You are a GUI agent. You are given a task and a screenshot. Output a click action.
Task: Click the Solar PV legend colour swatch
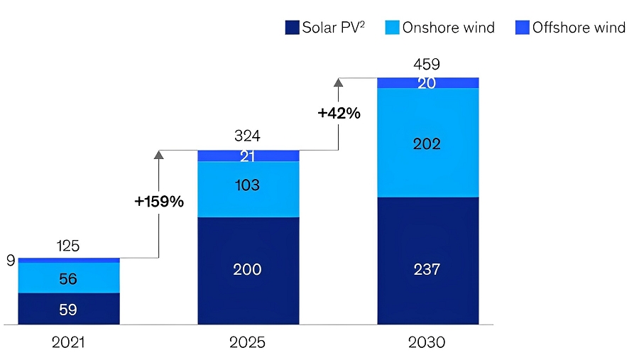point(292,28)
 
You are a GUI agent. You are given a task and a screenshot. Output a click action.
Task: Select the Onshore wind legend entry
point(439,28)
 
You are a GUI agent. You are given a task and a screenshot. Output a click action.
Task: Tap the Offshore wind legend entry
point(570,28)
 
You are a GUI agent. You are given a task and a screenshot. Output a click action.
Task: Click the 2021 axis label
point(68,342)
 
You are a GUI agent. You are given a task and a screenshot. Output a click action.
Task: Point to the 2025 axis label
point(247,342)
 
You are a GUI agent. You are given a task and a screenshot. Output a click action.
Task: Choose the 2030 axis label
point(427,342)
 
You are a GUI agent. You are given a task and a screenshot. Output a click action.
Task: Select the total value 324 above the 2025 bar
point(248,136)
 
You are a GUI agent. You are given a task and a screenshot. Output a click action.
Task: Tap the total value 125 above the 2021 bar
point(68,246)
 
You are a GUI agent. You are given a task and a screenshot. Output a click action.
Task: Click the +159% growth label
point(159,202)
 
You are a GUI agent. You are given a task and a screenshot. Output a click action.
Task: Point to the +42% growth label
point(339,113)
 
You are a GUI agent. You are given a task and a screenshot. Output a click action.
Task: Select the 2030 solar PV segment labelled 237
point(427,269)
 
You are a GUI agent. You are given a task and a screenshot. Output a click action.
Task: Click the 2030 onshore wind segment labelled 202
point(427,144)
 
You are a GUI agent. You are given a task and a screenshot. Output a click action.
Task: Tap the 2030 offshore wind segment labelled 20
point(427,83)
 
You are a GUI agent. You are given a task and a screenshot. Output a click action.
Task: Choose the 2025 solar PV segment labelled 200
point(248,269)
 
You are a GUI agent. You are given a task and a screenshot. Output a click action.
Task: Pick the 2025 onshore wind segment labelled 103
point(248,185)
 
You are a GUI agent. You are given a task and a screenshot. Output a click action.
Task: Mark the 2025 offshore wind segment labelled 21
point(248,156)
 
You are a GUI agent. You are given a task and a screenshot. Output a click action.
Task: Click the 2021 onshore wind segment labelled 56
point(68,278)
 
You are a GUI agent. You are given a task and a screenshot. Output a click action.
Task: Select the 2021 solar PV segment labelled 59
point(68,310)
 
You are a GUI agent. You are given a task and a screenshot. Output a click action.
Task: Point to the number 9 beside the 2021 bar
point(11,261)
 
